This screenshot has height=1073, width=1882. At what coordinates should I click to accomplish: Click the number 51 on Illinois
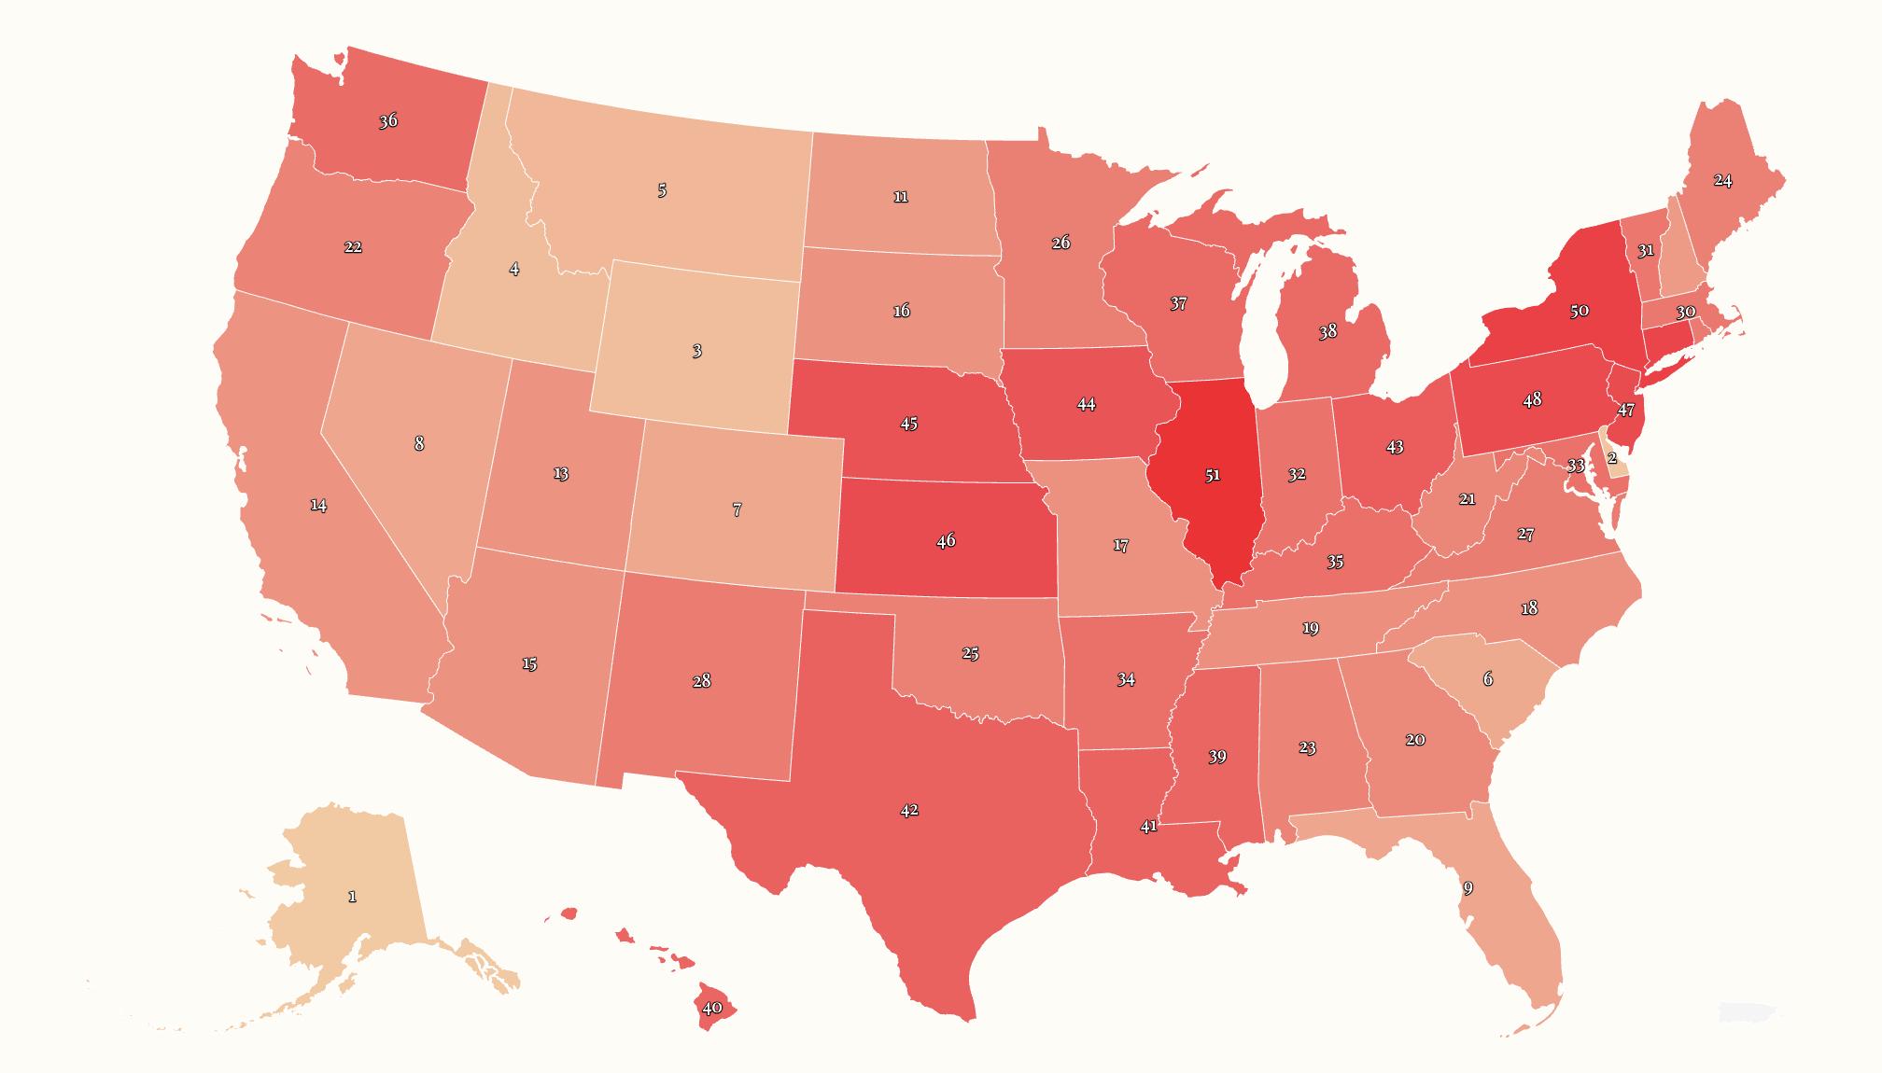[x=1212, y=475]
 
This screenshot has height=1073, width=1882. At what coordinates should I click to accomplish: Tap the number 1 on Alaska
[x=352, y=897]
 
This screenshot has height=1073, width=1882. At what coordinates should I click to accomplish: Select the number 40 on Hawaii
[x=712, y=1008]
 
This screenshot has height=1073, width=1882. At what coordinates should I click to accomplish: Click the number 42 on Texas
[x=909, y=810]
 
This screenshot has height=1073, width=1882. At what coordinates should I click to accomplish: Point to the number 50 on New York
[x=1579, y=311]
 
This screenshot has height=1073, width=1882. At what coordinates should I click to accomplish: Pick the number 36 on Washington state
[x=388, y=120]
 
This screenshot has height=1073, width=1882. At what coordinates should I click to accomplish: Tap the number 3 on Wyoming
[x=697, y=351]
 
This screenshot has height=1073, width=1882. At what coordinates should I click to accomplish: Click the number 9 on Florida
[x=1468, y=887]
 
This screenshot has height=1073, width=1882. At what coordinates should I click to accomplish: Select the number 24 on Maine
[x=1723, y=180]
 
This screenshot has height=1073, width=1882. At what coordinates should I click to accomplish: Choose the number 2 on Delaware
[x=1612, y=458]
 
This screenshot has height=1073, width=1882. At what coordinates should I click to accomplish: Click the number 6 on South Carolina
[x=1488, y=678]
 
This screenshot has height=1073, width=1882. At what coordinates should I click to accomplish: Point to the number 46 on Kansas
[x=946, y=540]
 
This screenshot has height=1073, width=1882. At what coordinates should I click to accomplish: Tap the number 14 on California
[x=318, y=505]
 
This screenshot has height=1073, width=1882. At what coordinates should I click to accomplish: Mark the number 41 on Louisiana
[x=1148, y=826]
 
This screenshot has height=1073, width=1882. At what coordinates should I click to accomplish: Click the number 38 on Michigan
[x=1327, y=331]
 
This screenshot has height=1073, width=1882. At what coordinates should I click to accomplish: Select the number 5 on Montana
[x=662, y=190]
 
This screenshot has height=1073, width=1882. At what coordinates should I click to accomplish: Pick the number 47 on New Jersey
[x=1626, y=410]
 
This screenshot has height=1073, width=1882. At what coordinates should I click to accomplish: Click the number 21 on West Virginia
[x=1468, y=499]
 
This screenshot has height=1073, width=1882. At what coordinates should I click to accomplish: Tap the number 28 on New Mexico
[x=702, y=681]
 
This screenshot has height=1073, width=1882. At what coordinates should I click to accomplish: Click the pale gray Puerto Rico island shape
[x=1746, y=1012]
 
